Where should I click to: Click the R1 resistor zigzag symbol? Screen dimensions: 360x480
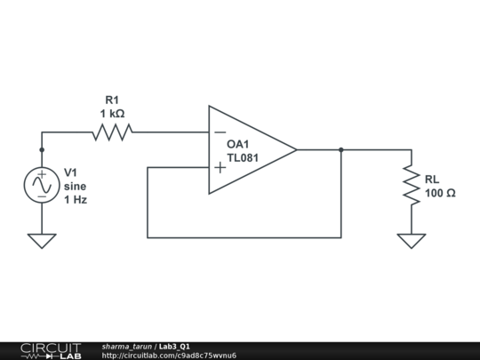[112, 132]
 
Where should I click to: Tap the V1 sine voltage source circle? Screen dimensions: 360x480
[42, 185]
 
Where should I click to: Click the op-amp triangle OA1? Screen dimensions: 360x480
[249, 150]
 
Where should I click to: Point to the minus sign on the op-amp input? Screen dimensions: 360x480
[220, 133]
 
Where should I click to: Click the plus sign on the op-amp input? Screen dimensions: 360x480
[220, 167]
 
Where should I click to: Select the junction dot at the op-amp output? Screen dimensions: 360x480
[341, 150]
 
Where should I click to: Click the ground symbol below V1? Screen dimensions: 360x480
[42, 240]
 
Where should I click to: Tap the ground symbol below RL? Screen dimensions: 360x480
[412, 240]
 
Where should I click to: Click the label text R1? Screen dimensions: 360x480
[112, 100]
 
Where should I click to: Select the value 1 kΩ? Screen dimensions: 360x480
[112, 115]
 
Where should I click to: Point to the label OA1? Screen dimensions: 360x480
[239, 144]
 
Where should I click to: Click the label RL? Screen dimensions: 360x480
[432, 179]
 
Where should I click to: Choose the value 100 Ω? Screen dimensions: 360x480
[440, 193]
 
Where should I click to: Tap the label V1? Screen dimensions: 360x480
[72, 172]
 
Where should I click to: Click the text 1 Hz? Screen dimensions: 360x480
[76, 200]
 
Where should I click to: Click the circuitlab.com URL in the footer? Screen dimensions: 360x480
[169, 356]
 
